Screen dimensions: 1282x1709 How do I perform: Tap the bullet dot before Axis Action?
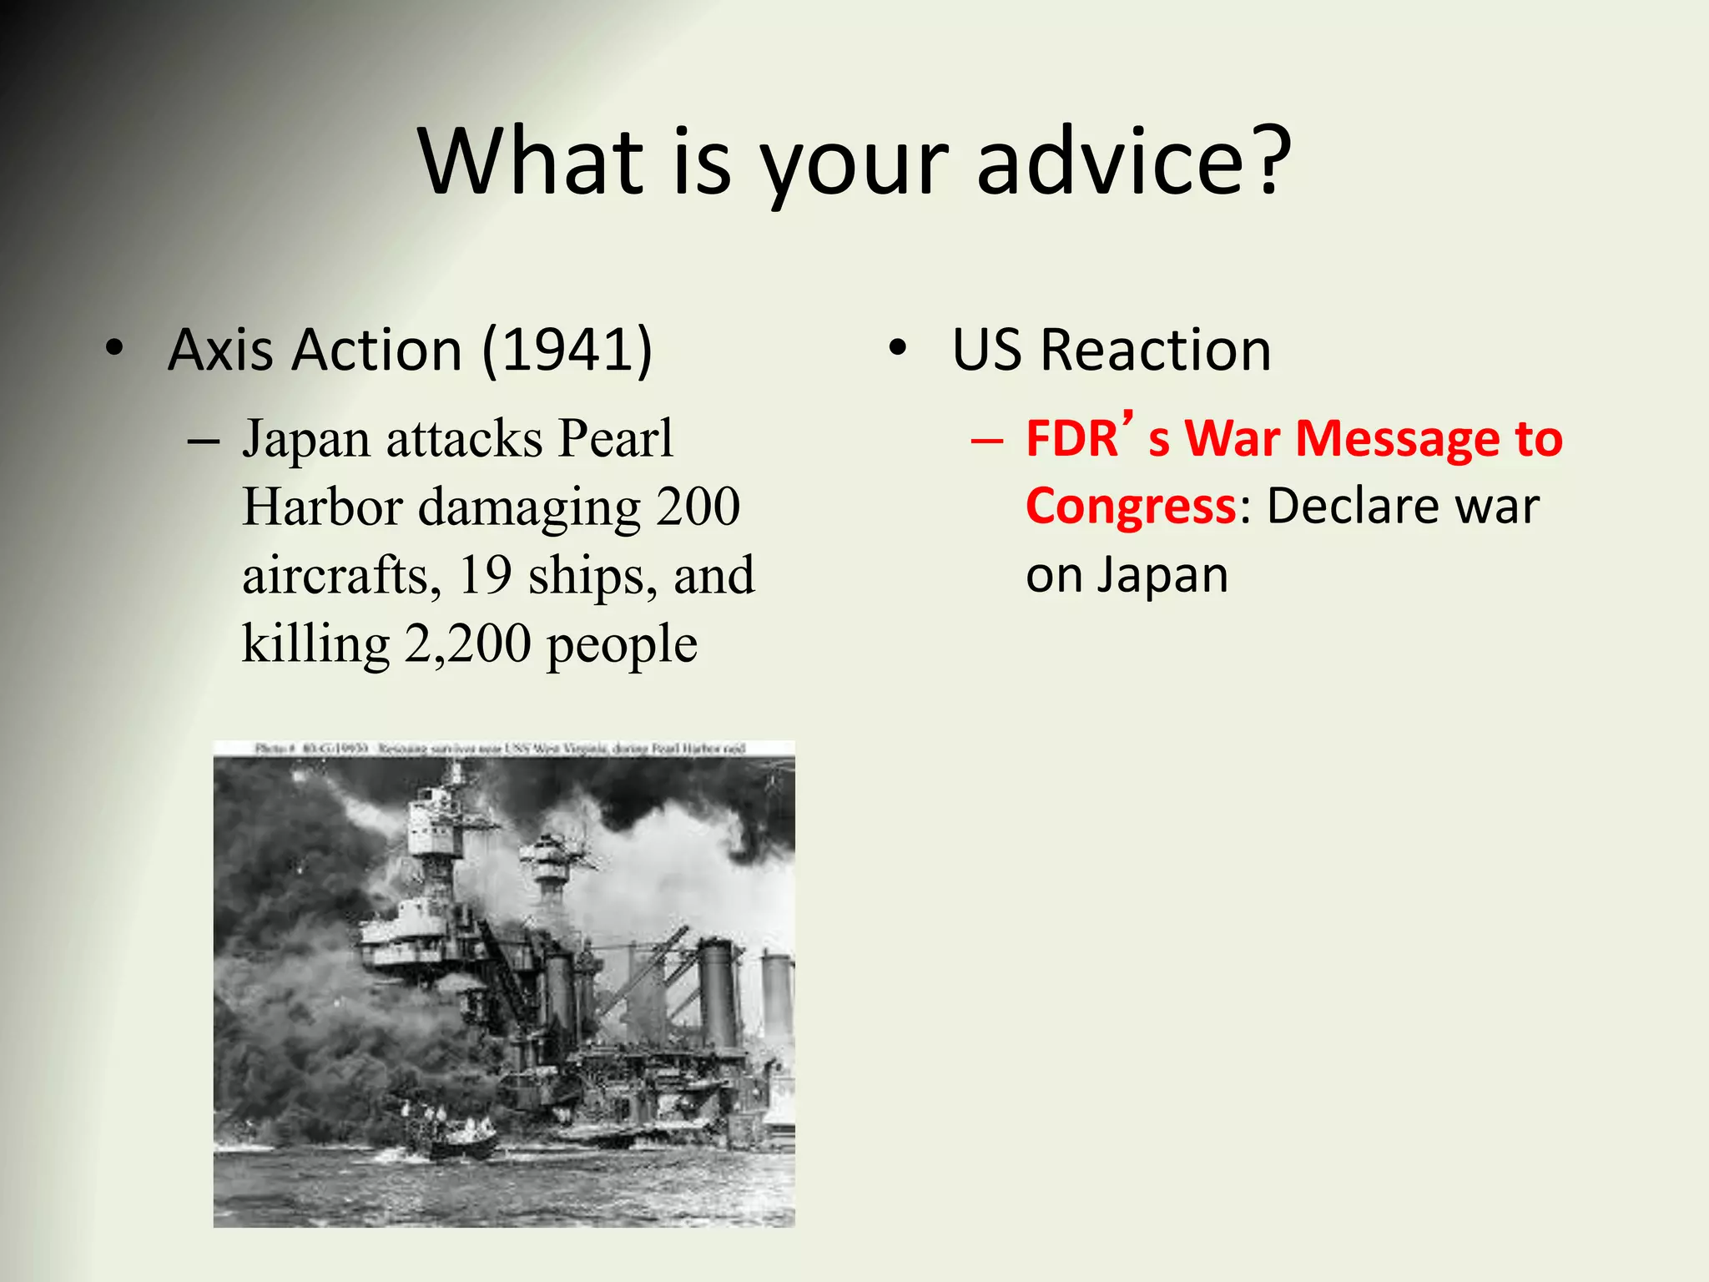114,349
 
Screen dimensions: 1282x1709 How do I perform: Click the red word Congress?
1131,506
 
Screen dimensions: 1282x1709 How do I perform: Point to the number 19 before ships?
485,575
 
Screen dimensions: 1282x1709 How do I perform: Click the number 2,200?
467,644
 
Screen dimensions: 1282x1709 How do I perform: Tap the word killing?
315,644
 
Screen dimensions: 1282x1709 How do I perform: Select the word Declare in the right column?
1349,506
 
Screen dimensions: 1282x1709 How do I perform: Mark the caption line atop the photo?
501,749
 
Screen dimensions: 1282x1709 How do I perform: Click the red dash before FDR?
987,440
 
